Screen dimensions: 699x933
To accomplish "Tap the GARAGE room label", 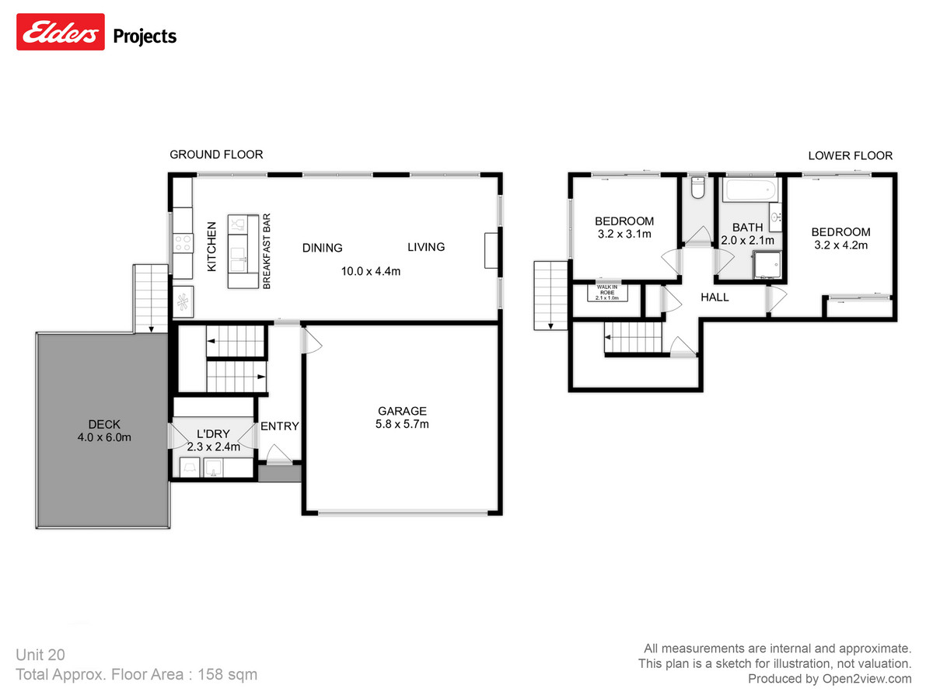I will pos(402,411).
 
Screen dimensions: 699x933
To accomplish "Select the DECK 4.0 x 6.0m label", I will pos(104,424).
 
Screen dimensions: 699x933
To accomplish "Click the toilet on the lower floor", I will pos(697,190).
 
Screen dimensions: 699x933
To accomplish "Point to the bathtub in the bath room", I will pos(748,190).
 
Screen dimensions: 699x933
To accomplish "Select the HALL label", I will pos(715,297).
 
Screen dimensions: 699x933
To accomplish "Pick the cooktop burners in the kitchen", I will pos(183,244).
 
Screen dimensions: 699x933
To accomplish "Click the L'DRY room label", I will pos(212,433).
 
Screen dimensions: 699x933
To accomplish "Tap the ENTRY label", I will pos(279,426).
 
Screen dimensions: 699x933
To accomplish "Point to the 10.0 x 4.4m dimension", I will pos(370,271).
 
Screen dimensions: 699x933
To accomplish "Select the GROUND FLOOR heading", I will pos(216,155).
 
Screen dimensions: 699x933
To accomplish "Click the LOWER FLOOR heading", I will pos(850,155).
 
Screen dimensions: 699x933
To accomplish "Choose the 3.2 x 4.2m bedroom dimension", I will pos(840,245).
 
